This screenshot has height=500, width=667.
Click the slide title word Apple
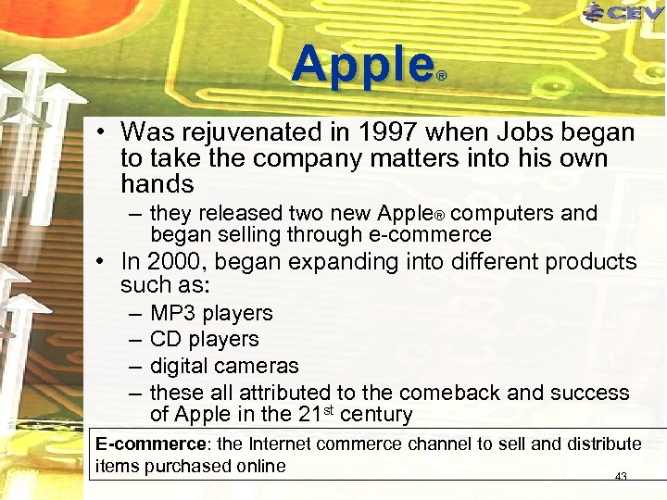click(x=363, y=66)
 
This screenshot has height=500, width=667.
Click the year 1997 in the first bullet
click(x=402, y=133)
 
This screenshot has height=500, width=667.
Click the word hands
click(x=157, y=183)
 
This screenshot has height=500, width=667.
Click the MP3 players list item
click(x=211, y=313)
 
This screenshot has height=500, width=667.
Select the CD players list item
click(x=204, y=339)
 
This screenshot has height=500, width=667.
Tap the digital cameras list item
click(x=224, y=366)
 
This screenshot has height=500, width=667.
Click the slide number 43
click(x=621, y=477)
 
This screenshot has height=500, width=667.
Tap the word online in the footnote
click(x=260, y=466)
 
